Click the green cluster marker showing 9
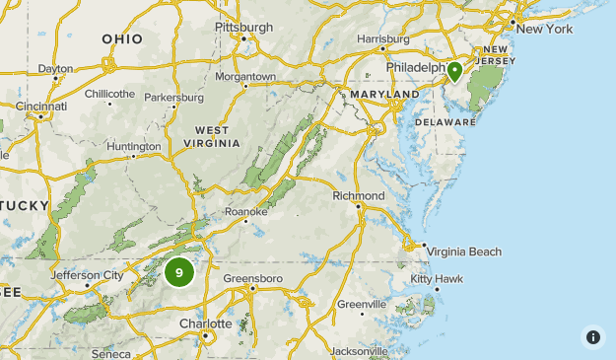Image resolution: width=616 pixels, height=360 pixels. point(178,271)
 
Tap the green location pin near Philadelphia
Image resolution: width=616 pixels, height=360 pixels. point(454,72)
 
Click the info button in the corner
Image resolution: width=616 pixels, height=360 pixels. point(592,336)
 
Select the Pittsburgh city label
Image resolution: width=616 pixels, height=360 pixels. point(242,27)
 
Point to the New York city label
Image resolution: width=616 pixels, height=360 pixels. point(543,29)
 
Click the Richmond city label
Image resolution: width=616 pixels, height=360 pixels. point(359,196)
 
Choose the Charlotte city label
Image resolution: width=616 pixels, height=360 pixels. point(206,324)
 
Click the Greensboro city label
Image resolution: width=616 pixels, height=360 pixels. point(252,279)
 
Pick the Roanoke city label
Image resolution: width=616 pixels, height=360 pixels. point(245,211)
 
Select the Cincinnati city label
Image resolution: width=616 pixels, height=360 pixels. point(41,106)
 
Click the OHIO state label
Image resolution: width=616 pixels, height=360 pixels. point(122,39)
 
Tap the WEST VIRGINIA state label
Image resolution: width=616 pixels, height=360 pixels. point(211,137)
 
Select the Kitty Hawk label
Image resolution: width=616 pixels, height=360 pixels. point(437,279)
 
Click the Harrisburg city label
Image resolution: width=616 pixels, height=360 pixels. point(382,38)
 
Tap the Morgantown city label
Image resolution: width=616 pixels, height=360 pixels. point(245,76)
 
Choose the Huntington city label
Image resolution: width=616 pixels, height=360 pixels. point(133,147)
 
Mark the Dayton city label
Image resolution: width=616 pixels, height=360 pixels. point(55,69)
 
